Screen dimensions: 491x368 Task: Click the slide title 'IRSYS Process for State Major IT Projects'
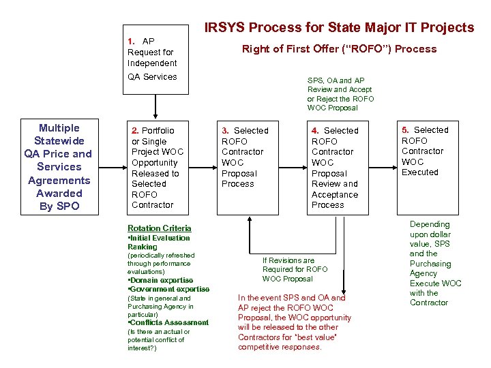[339, 27]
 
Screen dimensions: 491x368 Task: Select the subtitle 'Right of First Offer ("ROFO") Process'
[340, 48]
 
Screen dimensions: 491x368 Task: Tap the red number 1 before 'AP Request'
[130, 41]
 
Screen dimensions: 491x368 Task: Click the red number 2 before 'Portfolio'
[134, 130]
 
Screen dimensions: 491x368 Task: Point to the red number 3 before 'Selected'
[225, 130]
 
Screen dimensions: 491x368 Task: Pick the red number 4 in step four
[314, 130]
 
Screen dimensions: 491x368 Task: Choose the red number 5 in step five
[404, 129]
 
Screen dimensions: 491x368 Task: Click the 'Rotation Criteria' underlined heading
[160, 228]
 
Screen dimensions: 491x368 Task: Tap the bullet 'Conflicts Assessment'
[169, 322]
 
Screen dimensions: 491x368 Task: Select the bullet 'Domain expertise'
[162, 280]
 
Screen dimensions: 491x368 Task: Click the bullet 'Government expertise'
[170, 289]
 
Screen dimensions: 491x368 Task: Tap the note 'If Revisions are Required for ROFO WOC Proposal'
[295, 269]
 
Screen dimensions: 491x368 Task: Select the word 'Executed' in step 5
[419, 172]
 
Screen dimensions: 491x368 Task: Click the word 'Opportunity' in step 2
[154, 162]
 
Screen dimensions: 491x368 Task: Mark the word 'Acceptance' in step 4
[334, 194]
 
